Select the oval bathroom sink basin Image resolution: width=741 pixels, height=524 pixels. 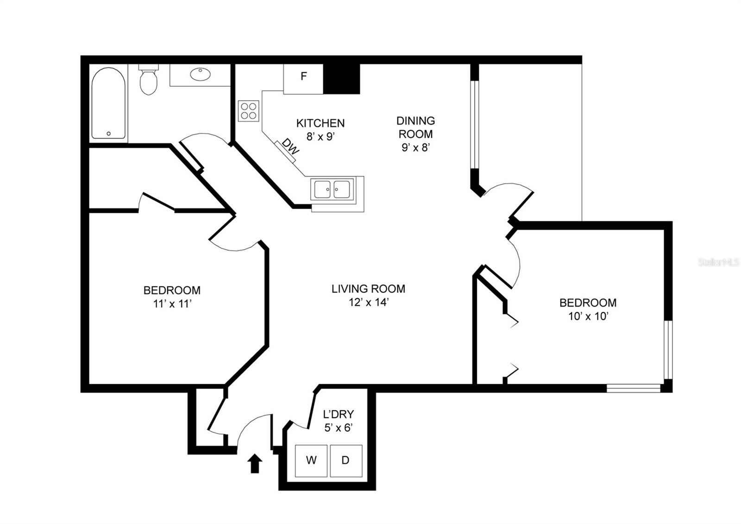(x=201, y=74)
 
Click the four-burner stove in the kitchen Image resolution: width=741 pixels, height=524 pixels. (x=249, y=111)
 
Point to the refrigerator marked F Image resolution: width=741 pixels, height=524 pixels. (x=303, y=77)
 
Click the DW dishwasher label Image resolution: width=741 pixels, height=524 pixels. (x=291, y=147)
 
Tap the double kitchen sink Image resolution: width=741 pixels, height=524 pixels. (x=333, y=189)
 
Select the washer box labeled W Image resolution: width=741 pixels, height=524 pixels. (x=311, y=460)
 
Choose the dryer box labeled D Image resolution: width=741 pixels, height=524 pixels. (x=345, y=460)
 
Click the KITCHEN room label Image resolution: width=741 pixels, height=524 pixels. (x=320, y=123)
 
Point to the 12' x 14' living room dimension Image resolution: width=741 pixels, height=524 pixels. (x=369, y=302)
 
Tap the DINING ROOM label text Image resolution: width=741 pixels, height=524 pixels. (x=415, y=127)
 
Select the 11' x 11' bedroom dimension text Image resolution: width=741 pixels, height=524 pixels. (x=172, y=304)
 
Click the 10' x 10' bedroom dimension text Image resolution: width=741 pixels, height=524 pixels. (x=588, y=316)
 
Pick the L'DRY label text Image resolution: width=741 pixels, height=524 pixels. (x=339, y=414)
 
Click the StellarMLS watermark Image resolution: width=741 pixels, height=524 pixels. (x=719, y=262)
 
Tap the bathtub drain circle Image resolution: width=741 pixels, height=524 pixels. (x=109, y=134)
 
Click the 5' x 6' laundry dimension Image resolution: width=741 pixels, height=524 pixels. (x=339, y=428)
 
